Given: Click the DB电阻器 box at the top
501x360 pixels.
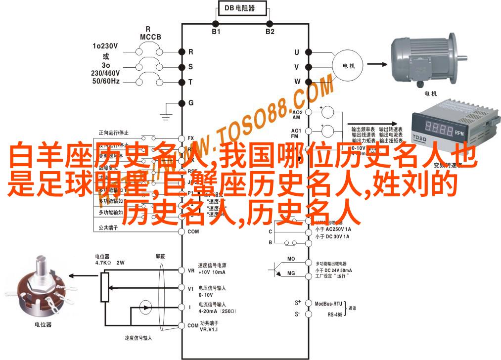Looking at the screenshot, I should (243, 8).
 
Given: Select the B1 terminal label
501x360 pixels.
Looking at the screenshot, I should (216, 32).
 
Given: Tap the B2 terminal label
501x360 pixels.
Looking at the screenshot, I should (270, 32).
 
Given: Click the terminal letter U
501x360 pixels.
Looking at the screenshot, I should (297, 52).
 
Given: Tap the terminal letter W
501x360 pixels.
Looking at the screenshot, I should (297, 81).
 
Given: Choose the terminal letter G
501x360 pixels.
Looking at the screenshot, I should (191, 103).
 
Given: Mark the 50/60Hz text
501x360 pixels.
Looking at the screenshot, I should (105, 81).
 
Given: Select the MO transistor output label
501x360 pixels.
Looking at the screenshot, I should (291, 259).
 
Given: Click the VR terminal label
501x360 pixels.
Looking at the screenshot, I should (191, 271).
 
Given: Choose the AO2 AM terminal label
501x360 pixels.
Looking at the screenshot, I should (296, 115).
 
